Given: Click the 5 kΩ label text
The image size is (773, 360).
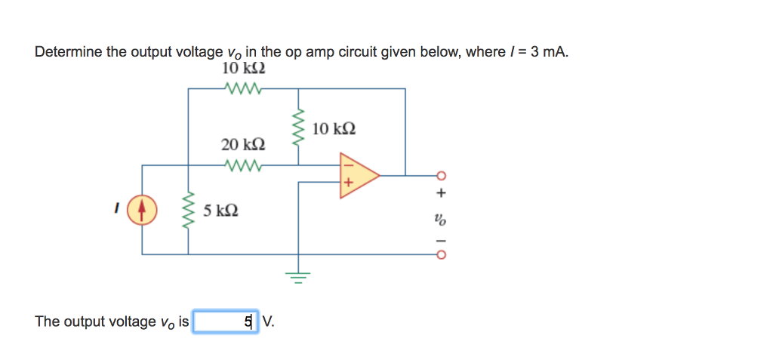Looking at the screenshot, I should pos(221,210).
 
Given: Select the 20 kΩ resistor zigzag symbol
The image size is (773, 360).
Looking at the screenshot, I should pos(243,164).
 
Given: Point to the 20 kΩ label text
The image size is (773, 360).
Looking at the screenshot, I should pos(243,144).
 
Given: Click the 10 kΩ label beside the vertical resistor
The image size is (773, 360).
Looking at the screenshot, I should pos(333,129).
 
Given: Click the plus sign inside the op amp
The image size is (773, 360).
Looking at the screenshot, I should pos(348,183).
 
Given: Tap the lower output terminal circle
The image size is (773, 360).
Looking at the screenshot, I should pos(442,254).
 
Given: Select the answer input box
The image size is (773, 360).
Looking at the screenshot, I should pos(226,322).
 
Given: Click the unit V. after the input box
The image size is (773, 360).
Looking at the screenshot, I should pos(269,322).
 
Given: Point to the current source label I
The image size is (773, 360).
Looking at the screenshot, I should pos(117,209).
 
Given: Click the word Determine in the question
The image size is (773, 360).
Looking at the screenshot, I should pos(66,52).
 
